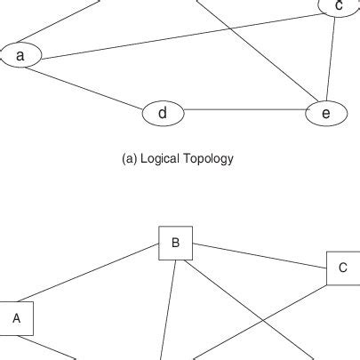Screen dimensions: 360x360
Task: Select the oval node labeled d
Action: [163, 113]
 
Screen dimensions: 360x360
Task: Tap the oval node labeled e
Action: [325, 113]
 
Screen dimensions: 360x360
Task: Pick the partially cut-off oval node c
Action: [338, 8]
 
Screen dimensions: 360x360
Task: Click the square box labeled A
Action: [16, 319]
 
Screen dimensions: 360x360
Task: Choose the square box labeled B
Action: [175, 243]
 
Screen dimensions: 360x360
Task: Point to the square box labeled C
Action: [342, 268]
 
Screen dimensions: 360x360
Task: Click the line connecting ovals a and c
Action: [178, 36]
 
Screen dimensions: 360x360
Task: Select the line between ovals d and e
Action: [244, 110]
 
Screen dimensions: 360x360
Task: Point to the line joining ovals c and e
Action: [331, 62]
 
